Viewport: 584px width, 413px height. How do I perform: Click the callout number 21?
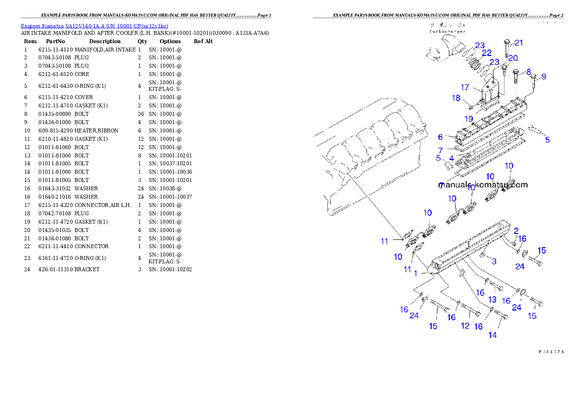pyautogui.click(x=519, y=43)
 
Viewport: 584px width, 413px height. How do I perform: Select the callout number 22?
pyautogui.click(x=486, y=53)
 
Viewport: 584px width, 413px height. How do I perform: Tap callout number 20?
pyautogui.click(x=512, y=58)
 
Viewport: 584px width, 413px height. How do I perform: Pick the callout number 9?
pyautogui.click(x=543, y=77)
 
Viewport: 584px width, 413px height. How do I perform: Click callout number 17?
pyautogui.click(x=465, y=87)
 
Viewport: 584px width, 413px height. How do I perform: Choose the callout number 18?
pyautogui.click(x=456, y=98)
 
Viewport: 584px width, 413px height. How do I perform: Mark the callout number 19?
pyautogui.click(x=469, y=119)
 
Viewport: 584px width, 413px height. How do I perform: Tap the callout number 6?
pyautogui.click(x=440, y=137)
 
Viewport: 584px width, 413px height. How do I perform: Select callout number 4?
pyautogui.click(x=451, y=158)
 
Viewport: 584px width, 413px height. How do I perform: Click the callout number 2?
pyautogui.click(x=516, y=231)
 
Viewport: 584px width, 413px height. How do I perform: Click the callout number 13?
pyautogui.click(x=492, y=299)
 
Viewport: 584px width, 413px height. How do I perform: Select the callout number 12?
pyautogui.click(x=465, y=326)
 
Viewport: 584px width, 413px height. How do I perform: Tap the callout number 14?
pyautogui.click(x=492, y=335)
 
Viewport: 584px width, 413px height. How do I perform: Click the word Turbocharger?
pyautogui.click(x=447, y=31)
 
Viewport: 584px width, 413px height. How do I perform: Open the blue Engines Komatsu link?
pyautogui.click(x=94, y=26)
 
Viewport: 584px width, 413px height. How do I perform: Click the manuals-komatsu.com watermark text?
pyautogui.click(x=483, y=185)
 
